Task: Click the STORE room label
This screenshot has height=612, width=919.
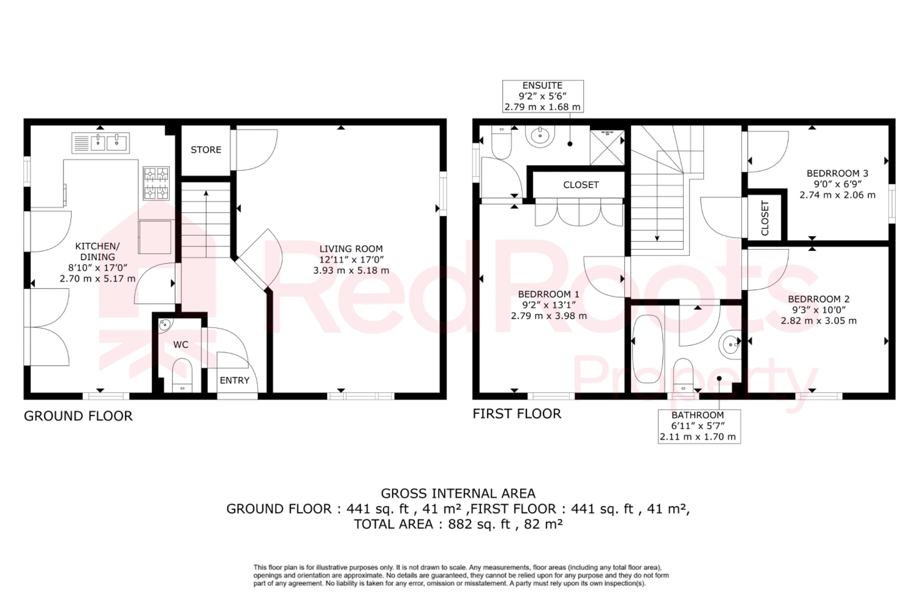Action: [x=206, y=150]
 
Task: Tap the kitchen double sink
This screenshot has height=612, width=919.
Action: [x=101, y=143]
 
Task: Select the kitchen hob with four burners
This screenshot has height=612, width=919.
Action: [x=156, y=183]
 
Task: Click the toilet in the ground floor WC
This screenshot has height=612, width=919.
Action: [x=182, y=375]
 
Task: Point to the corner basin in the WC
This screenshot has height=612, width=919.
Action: [x=165, y=325]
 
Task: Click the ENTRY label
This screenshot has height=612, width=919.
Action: [x=234, y=381]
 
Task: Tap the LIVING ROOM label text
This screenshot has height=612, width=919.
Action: [x=351, y=249]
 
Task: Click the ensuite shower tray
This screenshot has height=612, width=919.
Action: [x=607, y=148]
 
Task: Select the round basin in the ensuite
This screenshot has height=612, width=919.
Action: [x=540, y=136]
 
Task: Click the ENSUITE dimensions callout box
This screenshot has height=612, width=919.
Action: [x=543, y=96]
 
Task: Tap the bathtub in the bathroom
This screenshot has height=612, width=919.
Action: [x=647, y=348]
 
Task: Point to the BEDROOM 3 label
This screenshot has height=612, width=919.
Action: [x=837, y=173]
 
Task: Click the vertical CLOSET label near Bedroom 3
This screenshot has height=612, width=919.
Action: [x=765, y=218]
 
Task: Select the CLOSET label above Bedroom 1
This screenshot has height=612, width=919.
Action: [x=581, y=185]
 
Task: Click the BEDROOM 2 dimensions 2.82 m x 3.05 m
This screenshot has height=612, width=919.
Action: [x=818, y=321]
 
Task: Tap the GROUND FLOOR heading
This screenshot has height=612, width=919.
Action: [x=78, y=416]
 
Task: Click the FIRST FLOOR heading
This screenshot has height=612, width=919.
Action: [x=516, y=414]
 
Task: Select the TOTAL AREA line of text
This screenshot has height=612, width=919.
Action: [x=458, y=524]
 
